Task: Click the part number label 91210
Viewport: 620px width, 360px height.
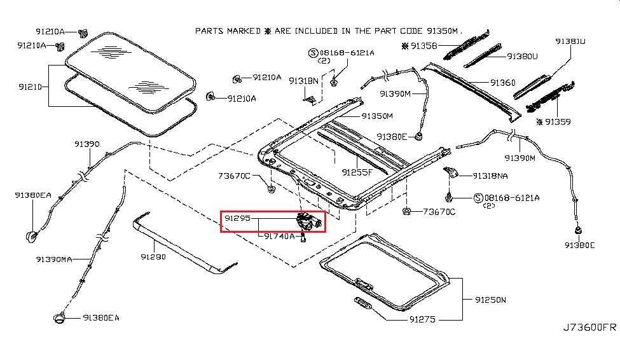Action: (x=30, y=87)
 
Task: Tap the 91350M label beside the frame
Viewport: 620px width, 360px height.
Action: (x=377, y=116)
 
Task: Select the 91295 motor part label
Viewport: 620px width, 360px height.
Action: (x=237, y=218)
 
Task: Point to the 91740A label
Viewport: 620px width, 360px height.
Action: (x=279, y=236)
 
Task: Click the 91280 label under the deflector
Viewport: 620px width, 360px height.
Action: (x=153, y=257)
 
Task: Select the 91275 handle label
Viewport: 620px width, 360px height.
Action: (x=422, y=319)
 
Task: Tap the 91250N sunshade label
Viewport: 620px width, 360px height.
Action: (x=490, y=300)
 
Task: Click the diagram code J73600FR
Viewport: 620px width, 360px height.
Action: (x=589, y=328)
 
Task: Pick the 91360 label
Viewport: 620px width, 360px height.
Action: (x=503, y=83)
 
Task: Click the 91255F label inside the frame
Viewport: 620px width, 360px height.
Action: (x=357, y=172)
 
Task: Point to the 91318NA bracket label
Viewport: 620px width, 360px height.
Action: (x=490, y=176)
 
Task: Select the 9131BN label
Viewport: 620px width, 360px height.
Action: (x=303, y=81)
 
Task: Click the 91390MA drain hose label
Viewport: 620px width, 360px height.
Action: (x=54, y=260)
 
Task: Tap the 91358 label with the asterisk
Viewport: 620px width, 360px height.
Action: (x=420, y=46)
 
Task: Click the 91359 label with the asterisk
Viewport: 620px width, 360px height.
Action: (x=554, y=122)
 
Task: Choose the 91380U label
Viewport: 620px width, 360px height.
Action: (x=522, y=57)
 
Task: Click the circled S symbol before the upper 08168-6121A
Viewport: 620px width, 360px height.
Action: (x=313, y=53)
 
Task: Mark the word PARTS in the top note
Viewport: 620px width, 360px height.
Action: (x=210, y=31)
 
